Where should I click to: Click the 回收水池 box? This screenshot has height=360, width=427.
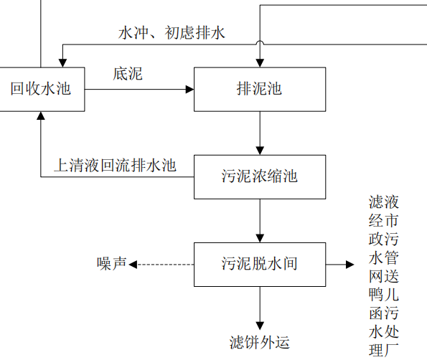pyautogui.click(x=40, y=90)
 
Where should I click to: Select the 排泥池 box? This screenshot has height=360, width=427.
pyautogui.click(x=259, y=90)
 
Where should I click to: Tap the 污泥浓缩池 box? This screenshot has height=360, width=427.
pyautogui.click(x=259, y=176)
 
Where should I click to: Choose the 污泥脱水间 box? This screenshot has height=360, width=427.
pyautogui.click(x=259, y=263)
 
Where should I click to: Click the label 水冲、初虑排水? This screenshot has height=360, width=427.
pyautogui.click(x=172, y=33)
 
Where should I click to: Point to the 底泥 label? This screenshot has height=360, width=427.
pyautogui.click(x=127, y=73)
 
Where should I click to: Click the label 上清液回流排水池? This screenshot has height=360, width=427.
pyautogui.click(x=115, y=166)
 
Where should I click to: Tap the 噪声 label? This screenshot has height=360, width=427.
pyautogui.click(x=111, y=263)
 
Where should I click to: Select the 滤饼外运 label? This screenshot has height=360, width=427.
pyautogui.click(x=259, y=341)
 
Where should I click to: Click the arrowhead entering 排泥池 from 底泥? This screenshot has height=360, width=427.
pyautogui.click(x=190, y=90)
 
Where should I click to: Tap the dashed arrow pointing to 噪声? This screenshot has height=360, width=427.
pyautogui.click(x=161, y=264)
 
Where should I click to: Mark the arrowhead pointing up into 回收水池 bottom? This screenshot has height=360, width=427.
pyautogui.click(x=40, y=117)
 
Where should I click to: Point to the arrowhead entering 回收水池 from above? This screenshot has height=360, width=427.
pyautogui.click(x=63, y=62)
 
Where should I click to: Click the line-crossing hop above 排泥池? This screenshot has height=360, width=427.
pyautogui.click(x=259, y=44)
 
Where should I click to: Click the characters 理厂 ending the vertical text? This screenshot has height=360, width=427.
pyautogui.click(x=383, y=349)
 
